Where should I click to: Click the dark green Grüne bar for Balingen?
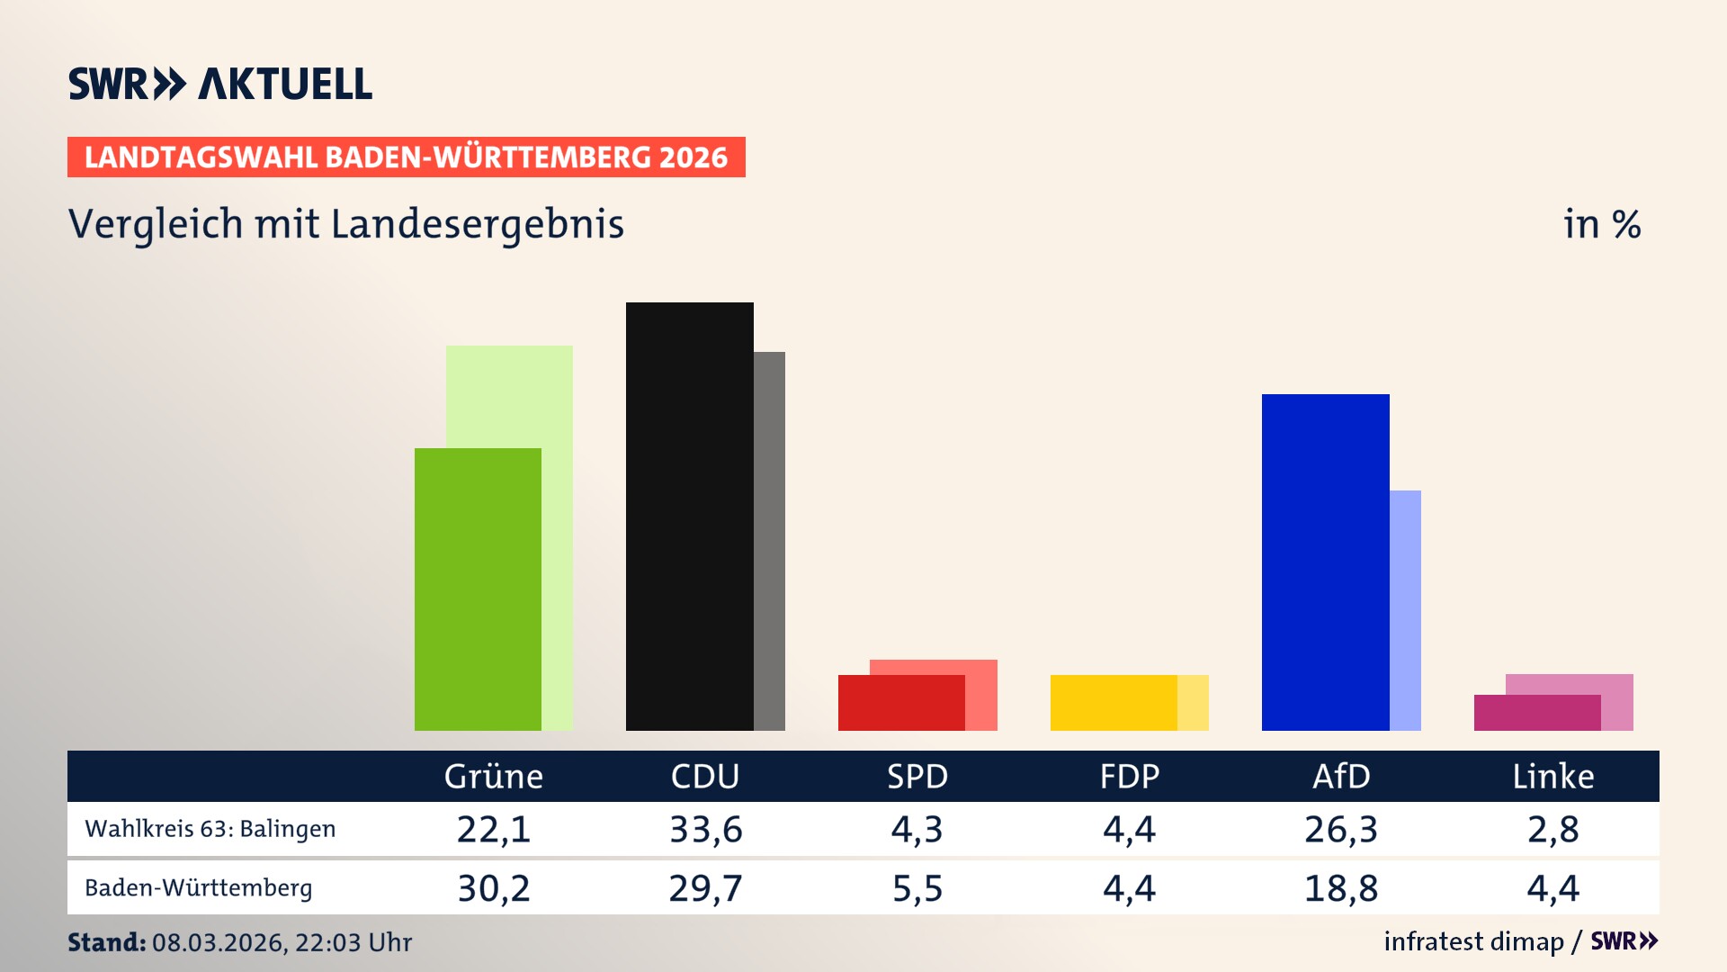pyautogui.click(x=478, y=589)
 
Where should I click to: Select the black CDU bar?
pyautogui.click(x=689, y=517)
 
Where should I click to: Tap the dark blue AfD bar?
pyautogui.click(x=1325, y=562)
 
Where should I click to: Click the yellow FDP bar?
pyautogui.click(x=1114, y=703)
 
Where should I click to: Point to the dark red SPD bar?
pyautogui.click(x=900, y=703)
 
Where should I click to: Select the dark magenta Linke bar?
pyautogui.click(x=1536, y=713)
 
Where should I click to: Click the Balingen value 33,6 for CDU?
pyautogui.click(x=705, y=829)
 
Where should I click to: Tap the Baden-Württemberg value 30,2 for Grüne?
pyautogui.click(x=494, y=888)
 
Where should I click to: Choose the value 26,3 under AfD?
pyautogui.click(x=1340, y=829)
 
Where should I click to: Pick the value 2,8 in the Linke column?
pyautogui.click(x=1553, y=829)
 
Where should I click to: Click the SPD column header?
pyautogui.click(x=917, y=776)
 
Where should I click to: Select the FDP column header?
pyautogui.click(x=1129, y=776)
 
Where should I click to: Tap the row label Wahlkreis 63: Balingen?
pyautogui.click(x=210, y=829)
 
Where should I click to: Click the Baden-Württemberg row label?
pyautogui.click(x=198, y=888)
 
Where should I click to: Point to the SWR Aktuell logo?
pyautogui.click(x=219, y=84)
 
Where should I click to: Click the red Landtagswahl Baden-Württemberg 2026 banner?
pyautogui.click(x=406, y=157)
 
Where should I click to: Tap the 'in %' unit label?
pyautogui.click(x=1601, y=224)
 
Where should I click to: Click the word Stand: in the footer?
pyautogui.click(x=106, y=942)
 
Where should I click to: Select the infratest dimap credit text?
pyautogui.click(x=1473, y=941)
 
